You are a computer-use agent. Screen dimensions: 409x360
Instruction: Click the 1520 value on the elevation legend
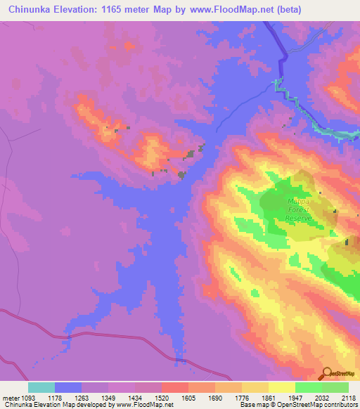pos(162,397)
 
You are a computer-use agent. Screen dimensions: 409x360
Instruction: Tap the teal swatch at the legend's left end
pos(41,387)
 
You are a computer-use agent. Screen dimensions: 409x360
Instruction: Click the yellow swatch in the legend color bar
pos(281,387)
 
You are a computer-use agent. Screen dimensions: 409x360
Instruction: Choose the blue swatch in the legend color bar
pos(68,387)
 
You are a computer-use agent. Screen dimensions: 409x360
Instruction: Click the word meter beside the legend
pos(9,397)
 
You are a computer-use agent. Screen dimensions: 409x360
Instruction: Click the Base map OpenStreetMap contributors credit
pos(295,405)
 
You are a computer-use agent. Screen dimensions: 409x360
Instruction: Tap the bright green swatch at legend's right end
pos(335,387)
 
